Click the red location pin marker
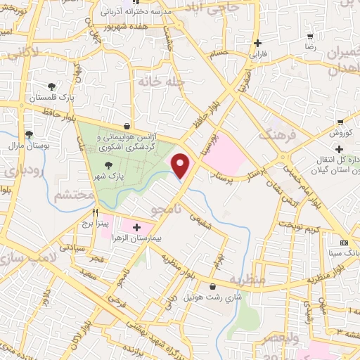tap(181, 165)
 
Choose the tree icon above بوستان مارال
tap(29, 134)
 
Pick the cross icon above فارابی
tap(259, 42)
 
